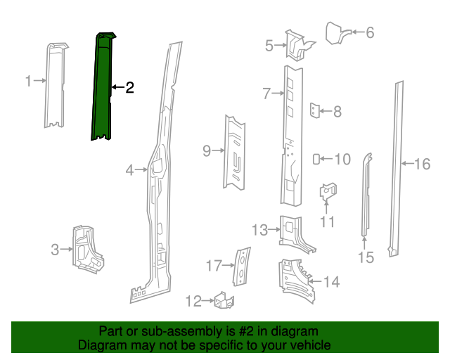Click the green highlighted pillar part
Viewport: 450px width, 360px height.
103,88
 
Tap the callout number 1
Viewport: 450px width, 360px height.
28,82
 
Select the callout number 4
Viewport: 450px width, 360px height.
130,169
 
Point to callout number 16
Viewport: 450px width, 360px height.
422,165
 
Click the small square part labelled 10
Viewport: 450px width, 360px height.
316,159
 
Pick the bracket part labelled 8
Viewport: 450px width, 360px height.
315,110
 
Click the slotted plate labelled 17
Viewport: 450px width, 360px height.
241,265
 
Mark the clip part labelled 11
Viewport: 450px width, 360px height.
328,191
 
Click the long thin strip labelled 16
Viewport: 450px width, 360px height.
396,169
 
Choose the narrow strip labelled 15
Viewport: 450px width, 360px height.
366,197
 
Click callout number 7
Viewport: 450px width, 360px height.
266,94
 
